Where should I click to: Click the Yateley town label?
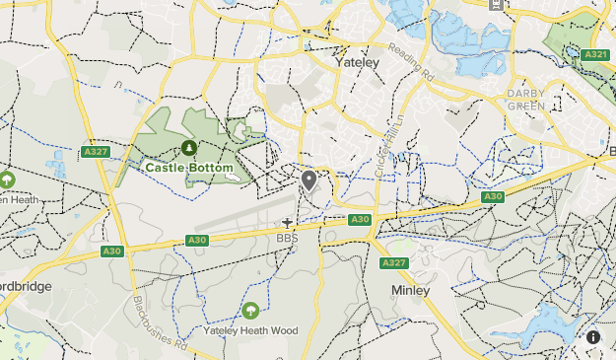(357, 61)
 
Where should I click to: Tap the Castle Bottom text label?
(189, 168)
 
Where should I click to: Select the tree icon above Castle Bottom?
(188, 148)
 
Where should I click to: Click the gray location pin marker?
(309, 180)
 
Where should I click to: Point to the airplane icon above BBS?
(288, 223)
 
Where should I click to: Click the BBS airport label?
(287, 238)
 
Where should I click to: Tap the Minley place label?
(410, 291)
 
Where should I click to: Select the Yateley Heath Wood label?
(249, 331)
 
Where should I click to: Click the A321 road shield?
(595, 54)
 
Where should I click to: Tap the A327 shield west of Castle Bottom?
(96, 152)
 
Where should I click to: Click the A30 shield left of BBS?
(197, 240)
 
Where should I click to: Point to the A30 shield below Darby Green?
(494, 197)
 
